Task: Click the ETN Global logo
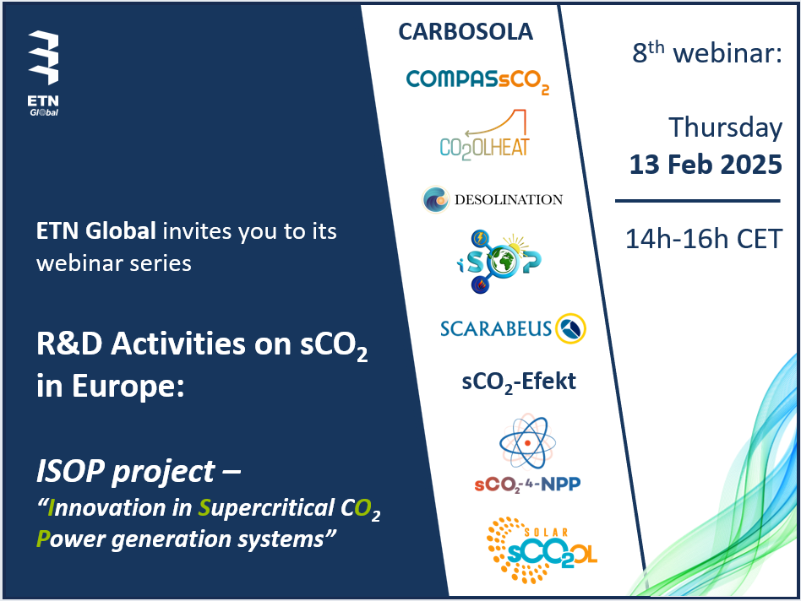(43, 73)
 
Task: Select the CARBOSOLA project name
(466, 31)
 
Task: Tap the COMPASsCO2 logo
(477, 81)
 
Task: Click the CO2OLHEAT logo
(484, 135)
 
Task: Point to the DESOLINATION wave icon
(435, 199)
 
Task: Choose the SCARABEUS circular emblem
(570, 328)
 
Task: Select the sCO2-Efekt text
(519, 382)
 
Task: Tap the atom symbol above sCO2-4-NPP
(527, 441)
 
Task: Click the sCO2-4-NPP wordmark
(527, 485)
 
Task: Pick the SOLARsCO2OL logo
(541, 550)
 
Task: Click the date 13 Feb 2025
(706, 165)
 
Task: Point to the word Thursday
(726, 127)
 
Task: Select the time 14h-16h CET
(704, 239)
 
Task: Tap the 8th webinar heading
(707, 52)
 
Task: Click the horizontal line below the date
(698, 201)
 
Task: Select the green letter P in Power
(43, 539)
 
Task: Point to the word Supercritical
(266, 509)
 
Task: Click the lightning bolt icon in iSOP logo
(480, 238)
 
